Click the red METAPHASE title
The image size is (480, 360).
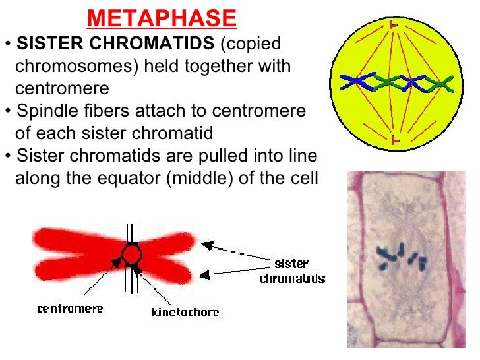click(x=162, y=18)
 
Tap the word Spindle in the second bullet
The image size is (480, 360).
click(x=45, y=111)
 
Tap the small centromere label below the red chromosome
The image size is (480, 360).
click(x=71, y=308)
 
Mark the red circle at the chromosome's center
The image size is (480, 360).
click(x=132, y=254)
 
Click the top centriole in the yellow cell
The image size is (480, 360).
click(x=394, y=25)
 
